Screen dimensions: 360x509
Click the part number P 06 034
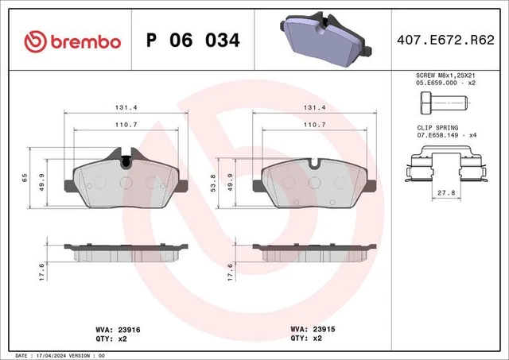coord(192,40)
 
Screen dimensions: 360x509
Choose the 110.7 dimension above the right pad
coord(314,126)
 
